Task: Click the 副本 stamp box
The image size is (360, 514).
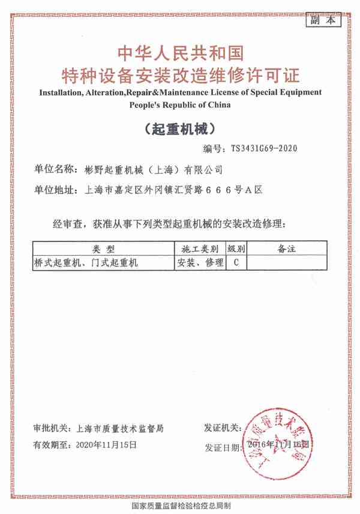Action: tap(323, 20)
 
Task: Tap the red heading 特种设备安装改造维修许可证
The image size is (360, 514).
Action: tap(180, 76)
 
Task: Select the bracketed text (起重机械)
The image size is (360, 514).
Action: tap(180, 128)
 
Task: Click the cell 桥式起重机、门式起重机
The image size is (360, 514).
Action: tap(87, 262)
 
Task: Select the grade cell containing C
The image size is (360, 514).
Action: tap(236, 262)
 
